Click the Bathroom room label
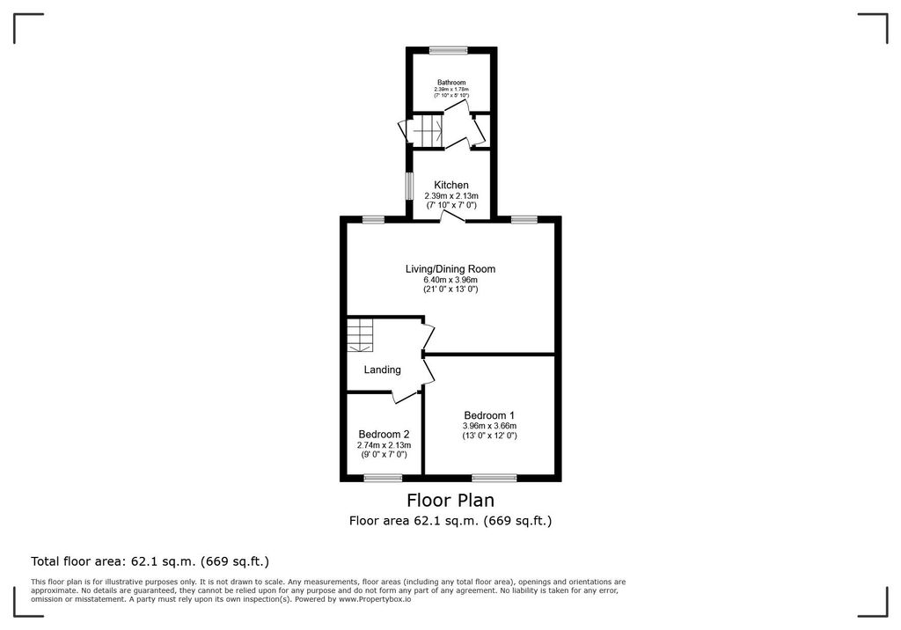pos(451,82)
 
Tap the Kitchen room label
pos(451,185)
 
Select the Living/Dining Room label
pos(450,269)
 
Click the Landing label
pos(382,370)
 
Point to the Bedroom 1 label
pos(489,415)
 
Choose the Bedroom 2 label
pos(384,434)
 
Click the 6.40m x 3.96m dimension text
pos(450,280)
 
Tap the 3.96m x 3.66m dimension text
pos(489,426)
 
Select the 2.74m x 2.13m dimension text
pos(384,444)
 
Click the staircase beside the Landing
pos(360,335)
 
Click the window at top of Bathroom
pos(449,49)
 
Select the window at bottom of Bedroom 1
pos(494,477)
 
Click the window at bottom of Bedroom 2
pos(383,477)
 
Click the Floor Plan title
pos(450,501)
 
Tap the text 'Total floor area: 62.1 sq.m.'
pos(150,560)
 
